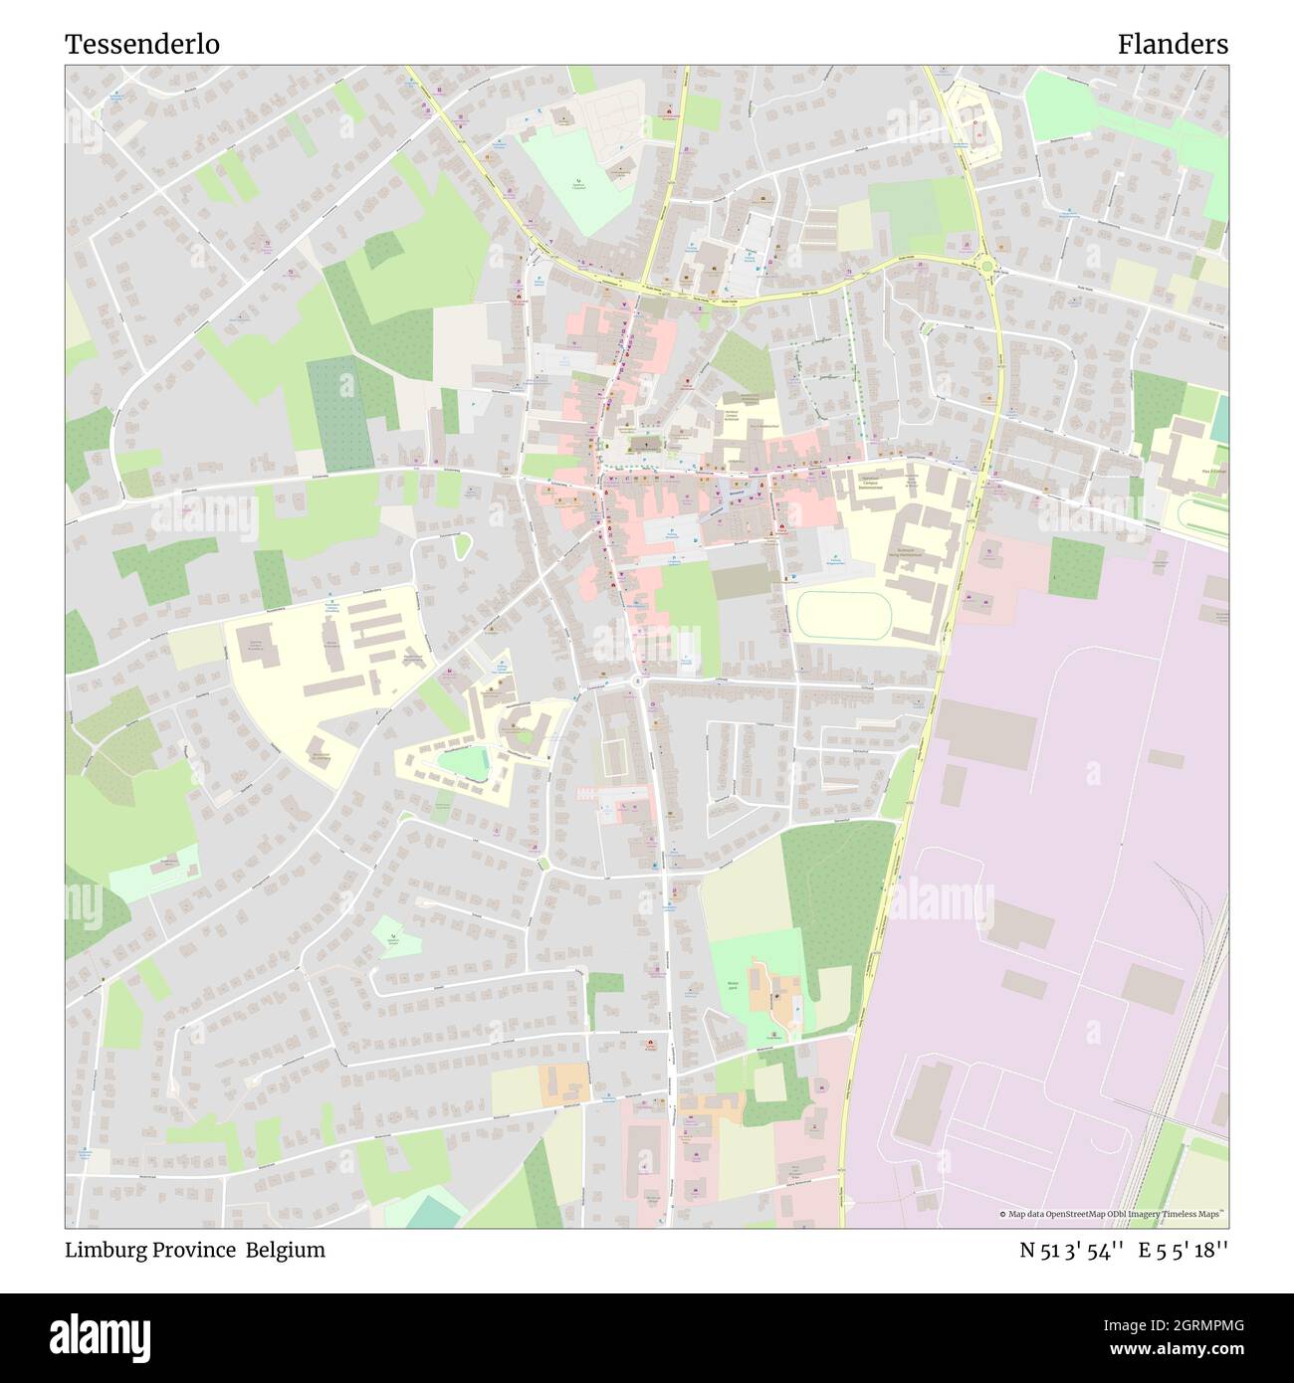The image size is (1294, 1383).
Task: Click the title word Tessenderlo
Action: pos(142,45)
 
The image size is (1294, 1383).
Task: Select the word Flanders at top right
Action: pos(1172,45)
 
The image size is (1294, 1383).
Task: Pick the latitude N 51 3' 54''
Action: pos(1071,1251)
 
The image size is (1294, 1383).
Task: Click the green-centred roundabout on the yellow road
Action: pos(987,266)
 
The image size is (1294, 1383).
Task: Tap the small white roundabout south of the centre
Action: pos(637,682)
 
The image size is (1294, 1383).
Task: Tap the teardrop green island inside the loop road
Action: pos(462,544)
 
